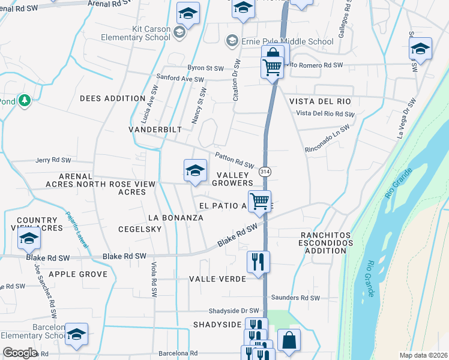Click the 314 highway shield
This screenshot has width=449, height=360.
pyautogui.click(x=264, y=172)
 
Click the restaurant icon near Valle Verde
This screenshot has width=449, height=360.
pyautogui.click(x=259, y=262)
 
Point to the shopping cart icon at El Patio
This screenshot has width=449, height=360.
pyautogui.click(x=259, y=202)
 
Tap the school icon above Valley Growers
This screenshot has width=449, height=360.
pyautogui.click(x=194, y=172)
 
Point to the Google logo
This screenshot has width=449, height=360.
pyautogui.click(x=20, y=353)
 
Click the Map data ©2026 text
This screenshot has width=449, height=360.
pyautogui.click(x=423, y=355)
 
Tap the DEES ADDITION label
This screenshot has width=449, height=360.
pyautogui.click(x=112, y=98)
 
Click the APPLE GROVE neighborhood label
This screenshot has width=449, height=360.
pyautogui.click(x=78, y=274)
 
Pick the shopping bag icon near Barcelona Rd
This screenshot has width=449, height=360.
pyautogui.click(x=289, y=340)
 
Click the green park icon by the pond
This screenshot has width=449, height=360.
pyautogui.click(x=25, y=101)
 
